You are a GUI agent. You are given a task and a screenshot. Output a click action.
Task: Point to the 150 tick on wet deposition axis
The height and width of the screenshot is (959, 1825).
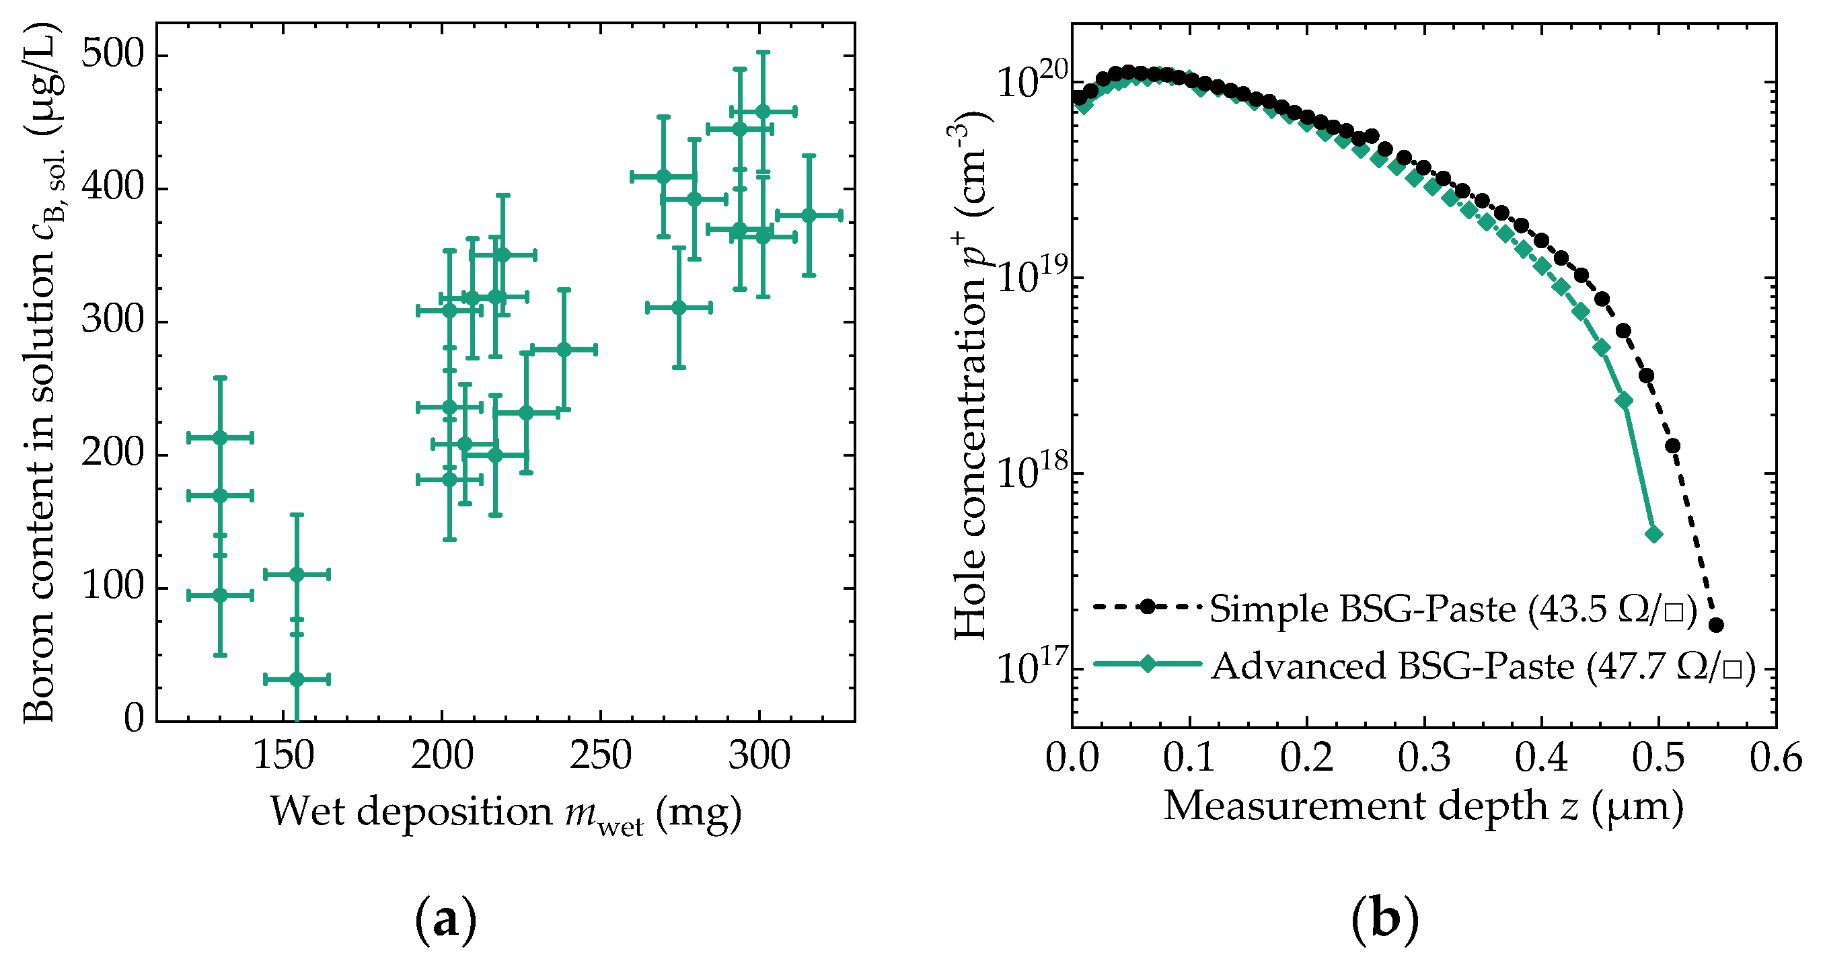pos(283,755)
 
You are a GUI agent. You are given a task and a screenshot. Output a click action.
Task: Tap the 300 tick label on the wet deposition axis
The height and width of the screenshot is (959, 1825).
pos(759,755)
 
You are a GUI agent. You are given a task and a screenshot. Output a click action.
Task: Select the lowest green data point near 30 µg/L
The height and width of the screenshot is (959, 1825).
pos(297,679)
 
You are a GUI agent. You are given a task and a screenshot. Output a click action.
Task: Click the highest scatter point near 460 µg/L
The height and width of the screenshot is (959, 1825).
pos(763,111)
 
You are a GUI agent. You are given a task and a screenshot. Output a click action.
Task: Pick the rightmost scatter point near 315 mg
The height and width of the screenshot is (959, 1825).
pos(809,215)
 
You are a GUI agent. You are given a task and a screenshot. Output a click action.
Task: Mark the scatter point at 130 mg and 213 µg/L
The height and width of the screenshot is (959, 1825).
pos(221,438)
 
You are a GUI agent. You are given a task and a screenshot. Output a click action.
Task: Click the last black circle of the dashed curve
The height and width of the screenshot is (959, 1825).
pos(1716,625)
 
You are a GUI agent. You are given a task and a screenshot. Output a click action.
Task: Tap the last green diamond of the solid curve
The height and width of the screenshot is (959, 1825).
pos(1653,534)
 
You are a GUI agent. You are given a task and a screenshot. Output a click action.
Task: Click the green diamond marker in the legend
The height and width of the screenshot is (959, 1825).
pos(1148,664)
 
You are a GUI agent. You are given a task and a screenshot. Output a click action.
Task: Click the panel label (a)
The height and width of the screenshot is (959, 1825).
pos(445,920)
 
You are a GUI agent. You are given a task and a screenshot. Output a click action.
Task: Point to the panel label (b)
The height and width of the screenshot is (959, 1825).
pos(1385,920)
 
